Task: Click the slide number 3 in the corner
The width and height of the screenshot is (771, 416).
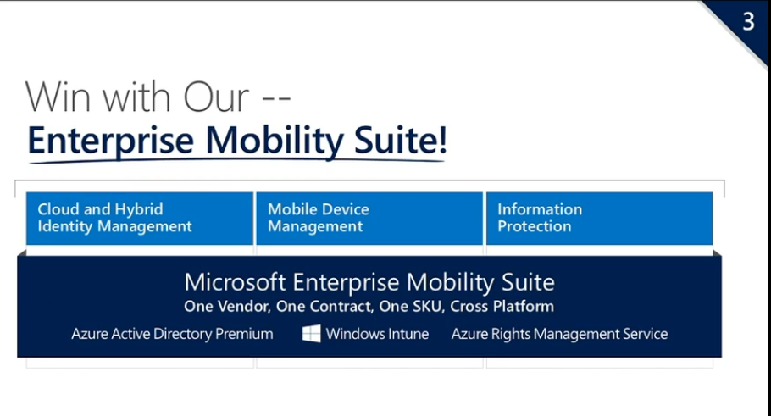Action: coord(748,22)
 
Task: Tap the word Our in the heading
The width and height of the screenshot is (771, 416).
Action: coord(216,97)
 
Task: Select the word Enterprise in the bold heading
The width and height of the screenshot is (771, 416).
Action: coord(111,141)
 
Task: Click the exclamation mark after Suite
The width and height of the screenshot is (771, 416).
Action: coord(442,139)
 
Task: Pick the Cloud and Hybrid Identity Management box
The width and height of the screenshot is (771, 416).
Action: coord(140,219)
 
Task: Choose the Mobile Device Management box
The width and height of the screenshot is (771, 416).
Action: coord(369,219)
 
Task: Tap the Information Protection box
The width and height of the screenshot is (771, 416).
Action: coord(599,219)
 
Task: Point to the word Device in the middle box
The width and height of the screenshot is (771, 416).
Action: coord(344,209)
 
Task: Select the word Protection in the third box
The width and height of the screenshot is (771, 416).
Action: coord(535,226)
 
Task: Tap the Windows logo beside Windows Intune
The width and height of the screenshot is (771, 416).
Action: coord(311,333)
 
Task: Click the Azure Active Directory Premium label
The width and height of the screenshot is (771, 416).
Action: coord(172,334)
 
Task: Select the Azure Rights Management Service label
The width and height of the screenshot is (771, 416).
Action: coord(559,335)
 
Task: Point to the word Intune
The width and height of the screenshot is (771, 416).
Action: coord(408,334)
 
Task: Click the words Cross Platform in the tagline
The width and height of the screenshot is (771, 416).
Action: coord(502,307)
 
